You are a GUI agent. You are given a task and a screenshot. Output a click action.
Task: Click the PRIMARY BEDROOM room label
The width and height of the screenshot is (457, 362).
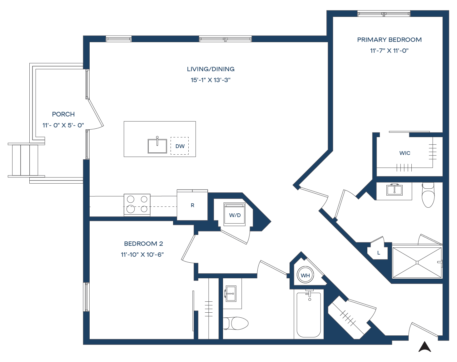point(389,40)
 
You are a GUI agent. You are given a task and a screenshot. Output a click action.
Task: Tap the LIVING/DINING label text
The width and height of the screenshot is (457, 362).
point(211,69)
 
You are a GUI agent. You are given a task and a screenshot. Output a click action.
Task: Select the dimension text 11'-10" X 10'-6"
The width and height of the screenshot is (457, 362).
point(142,255)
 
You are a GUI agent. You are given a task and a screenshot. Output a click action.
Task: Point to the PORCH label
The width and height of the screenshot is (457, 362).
point(63,114)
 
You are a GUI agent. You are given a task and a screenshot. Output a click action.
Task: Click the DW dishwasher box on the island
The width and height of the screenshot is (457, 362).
point(180,146)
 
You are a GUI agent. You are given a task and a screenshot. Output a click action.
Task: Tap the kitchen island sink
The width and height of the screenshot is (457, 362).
point(157,146)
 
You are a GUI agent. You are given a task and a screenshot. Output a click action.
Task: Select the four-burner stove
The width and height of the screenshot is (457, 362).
point(137,205)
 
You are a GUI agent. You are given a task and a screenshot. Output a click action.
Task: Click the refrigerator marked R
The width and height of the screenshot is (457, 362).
point(192,205)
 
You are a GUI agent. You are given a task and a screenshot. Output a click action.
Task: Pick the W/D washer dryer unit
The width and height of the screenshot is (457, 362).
point(235,215)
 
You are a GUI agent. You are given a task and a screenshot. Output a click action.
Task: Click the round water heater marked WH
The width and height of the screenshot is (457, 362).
point(305,275)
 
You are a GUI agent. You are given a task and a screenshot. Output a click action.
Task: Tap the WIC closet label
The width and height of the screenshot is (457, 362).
point(405,153)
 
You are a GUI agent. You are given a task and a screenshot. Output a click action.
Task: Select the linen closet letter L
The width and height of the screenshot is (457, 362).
point(379,253)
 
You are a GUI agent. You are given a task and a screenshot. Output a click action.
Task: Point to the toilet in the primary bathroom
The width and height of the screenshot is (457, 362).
point(428,196)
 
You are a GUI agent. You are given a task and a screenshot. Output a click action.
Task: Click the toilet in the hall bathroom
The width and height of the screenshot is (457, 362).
point(236,323)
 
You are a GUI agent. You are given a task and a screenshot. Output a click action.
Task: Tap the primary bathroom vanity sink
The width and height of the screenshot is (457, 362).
point(394,190)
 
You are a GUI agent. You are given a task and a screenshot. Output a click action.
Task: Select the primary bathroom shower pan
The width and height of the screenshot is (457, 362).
point(417,263)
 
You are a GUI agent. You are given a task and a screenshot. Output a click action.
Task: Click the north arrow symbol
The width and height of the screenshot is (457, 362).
point(425,347)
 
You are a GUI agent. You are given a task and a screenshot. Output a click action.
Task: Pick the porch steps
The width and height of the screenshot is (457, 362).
point(25,160)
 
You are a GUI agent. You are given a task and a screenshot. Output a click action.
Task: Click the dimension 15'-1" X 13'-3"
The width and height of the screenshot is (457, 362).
point(211,80)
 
